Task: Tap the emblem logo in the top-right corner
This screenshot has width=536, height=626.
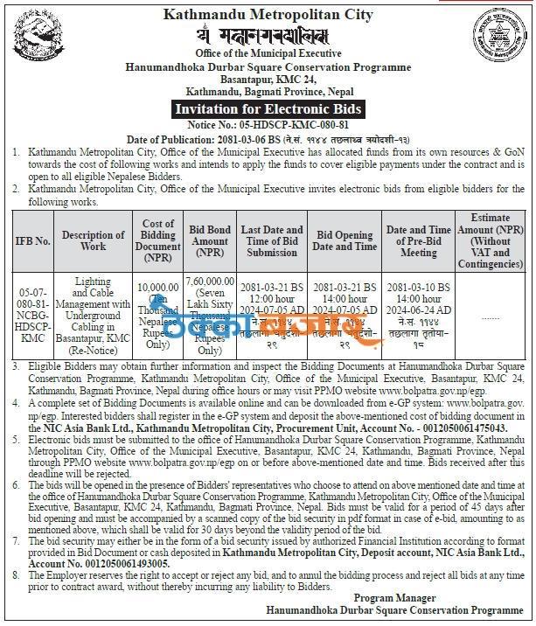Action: point(505,40)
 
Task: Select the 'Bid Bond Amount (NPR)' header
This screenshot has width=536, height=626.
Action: point(210,240)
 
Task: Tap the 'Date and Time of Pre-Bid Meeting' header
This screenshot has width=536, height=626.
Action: point(418,240)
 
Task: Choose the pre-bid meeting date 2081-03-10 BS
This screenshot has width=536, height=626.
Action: point(418,287)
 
